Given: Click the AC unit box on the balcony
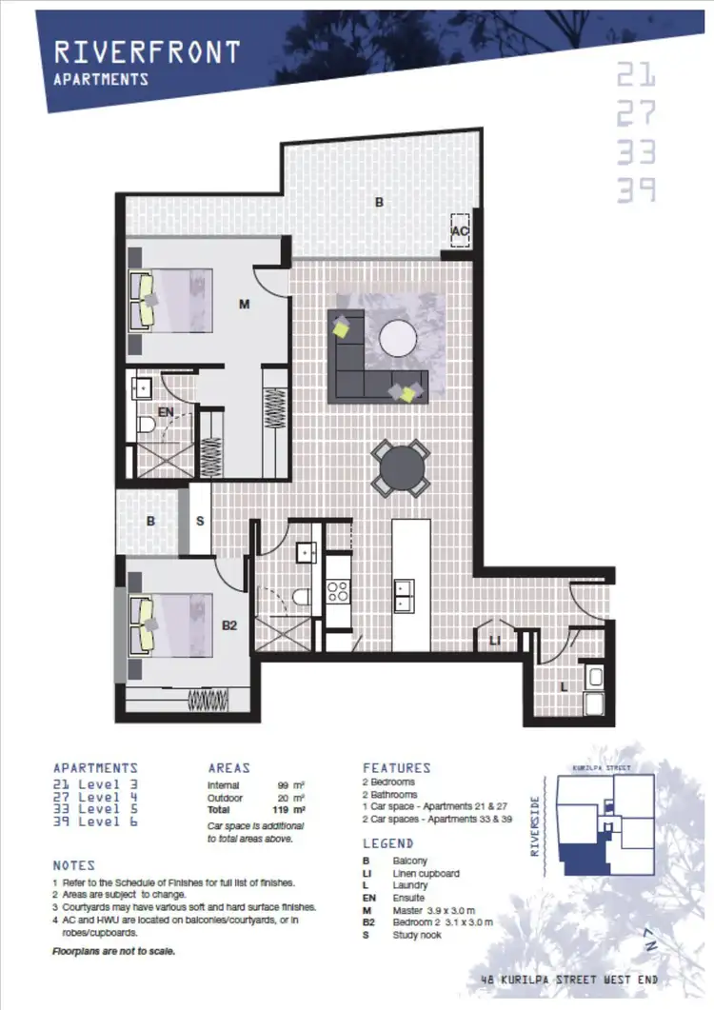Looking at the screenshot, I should coord(461,229).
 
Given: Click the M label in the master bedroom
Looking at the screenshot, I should coord(244,305).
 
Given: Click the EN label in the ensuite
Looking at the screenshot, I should coord(166,412).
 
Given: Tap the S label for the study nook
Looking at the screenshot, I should coord(200,521).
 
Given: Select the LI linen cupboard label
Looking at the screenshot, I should coord(494,643).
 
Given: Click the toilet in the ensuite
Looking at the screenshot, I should coord(147,426).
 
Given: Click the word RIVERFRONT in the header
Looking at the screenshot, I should coord(147,51).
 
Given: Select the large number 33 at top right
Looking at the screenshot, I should coord(636,151).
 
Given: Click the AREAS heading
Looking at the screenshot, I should coord(228,767).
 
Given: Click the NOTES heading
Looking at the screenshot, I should coord(73,865).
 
